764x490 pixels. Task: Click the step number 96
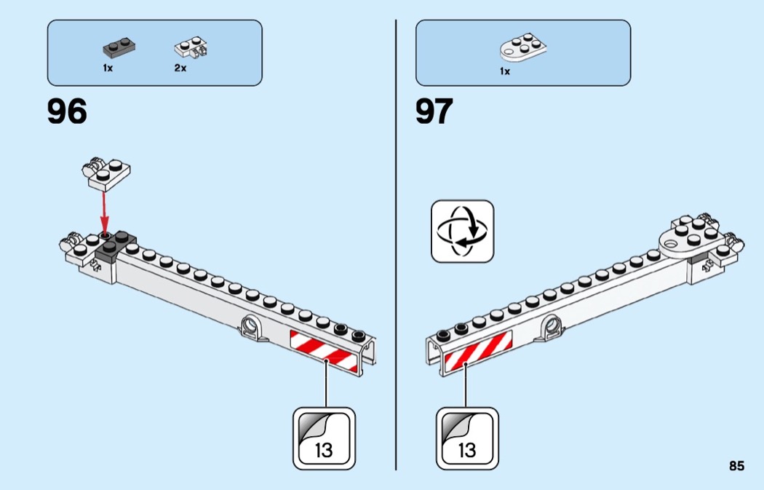coord(67,111)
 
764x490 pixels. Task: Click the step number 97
coord(434,111)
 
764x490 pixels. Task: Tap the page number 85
coord(736,466)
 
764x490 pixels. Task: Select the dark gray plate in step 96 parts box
coord(119,49)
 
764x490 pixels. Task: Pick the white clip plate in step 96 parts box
coord(191,48)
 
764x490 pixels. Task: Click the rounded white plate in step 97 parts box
coord(523,47)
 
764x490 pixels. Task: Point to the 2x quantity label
coord(180,68)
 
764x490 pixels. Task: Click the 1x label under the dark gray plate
coord(108,68)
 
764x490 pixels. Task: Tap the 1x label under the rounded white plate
coord(505,71)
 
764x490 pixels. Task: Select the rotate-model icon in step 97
coord(462,231)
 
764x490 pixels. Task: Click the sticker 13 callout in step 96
coord(324,438)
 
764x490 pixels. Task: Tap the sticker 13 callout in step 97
coord(467,438)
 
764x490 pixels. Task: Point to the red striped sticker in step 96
coord(324,351)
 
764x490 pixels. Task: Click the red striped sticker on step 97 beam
coord(478,350)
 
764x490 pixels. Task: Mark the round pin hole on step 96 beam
coord(250,325)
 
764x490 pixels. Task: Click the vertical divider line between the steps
coord(396,245)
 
